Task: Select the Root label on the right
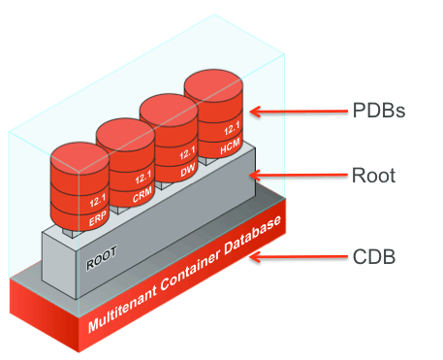[x=373, y=177]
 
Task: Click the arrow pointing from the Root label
[x=297, y=177]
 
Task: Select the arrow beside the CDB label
[x=297, y=259]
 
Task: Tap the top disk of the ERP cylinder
[x=81, y=158]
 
